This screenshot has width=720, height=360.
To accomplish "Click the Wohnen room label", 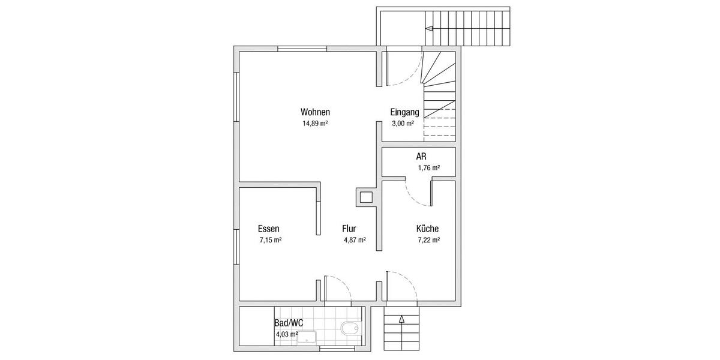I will [x=315, y=112].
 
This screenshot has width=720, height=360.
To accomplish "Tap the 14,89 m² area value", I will [x=315, y=124].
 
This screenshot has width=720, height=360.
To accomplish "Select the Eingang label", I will [x=404, y=112].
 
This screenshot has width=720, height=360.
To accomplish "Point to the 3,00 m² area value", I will [x=403, y=124].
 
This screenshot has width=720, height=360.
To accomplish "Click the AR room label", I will [x=421, y=157].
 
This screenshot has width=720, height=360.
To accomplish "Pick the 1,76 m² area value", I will [x=428, y=168].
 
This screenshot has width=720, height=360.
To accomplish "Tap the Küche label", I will [x=427, y=229].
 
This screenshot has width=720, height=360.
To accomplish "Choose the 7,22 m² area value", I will [x=428, y=240].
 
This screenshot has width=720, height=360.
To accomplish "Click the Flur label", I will [x=349, y=229].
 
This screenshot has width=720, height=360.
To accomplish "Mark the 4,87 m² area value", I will [x=355, y=240].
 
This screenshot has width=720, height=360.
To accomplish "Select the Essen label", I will [x=268, y=229].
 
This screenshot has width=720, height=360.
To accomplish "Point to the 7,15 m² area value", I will [x=271, y=240].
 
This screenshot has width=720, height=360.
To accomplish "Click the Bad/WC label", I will [x=289, y=323].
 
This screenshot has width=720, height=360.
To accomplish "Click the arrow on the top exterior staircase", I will [x=429, y=28].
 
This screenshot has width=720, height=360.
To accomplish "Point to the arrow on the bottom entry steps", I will [x=401, y=320].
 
